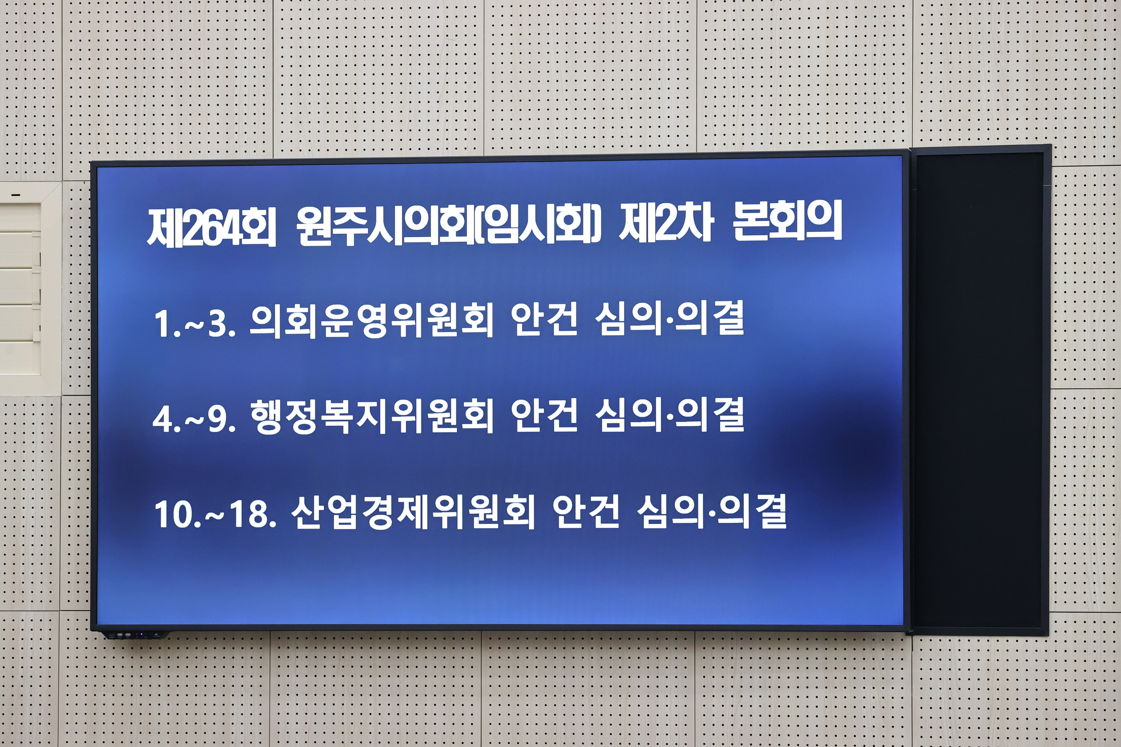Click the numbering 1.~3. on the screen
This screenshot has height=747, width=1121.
coord(194,324)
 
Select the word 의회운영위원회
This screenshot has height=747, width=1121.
coord(372,321)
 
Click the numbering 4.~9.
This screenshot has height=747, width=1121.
coord(194,419)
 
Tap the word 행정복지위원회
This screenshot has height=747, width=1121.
coord(372,416)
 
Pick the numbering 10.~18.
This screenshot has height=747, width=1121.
coord(215,515)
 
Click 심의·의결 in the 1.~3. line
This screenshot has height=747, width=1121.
coord(669,320)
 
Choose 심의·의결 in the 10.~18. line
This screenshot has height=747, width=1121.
coord(711,512)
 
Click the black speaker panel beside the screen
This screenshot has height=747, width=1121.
coord(979,391)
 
